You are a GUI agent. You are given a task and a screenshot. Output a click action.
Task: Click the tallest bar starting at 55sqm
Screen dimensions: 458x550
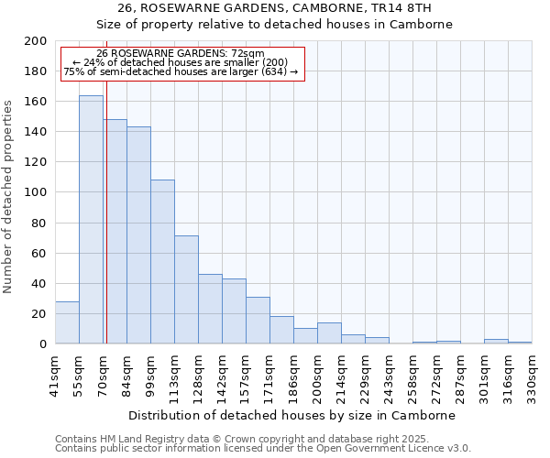(91, 220)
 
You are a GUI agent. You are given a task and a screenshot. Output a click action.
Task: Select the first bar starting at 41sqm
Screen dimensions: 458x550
(67, 322)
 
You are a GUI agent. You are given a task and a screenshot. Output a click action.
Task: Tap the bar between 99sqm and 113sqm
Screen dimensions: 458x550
(162, 262)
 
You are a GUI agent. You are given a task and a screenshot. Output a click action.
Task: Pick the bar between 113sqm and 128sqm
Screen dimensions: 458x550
(186, 289)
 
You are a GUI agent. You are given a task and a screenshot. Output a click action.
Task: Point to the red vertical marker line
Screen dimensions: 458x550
(106, 229)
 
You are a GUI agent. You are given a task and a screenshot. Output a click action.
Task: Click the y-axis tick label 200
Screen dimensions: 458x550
(36, 41)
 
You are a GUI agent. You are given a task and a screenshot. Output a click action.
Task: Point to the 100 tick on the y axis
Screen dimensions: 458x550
(36, 192)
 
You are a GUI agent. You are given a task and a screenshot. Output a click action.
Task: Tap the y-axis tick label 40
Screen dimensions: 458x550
(39, 284)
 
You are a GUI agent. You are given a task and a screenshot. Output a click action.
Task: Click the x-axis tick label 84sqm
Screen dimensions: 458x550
(126, 374)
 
